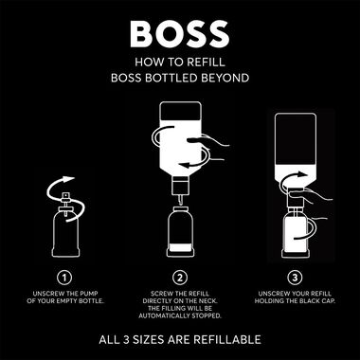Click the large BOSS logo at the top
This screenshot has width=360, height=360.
(180, 34)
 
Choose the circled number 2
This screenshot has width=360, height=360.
(180, 279)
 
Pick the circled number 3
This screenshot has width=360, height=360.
(294, 279)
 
